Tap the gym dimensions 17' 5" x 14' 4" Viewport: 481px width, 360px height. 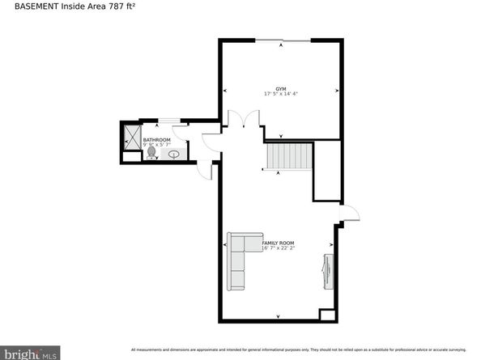click(281, 94)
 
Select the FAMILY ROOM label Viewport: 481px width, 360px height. click(278, 243)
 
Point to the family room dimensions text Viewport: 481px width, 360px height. click(278, 249)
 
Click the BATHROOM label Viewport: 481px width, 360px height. click(156, 140)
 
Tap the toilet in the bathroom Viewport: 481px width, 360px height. click(151, 151)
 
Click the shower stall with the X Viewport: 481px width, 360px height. click(131, 138)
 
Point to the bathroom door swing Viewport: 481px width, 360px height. click(209, 146)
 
